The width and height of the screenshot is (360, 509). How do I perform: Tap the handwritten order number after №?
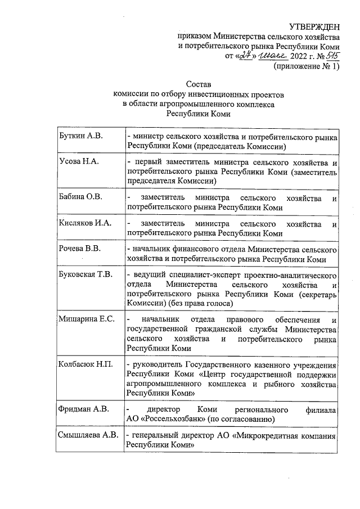pyautogui.click(x=331, y=56)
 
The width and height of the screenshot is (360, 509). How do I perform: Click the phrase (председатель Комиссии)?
pyautogui.click(x=241, y=146)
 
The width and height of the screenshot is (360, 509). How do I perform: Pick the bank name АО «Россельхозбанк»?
pyautogui.click(x=165, y=418)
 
